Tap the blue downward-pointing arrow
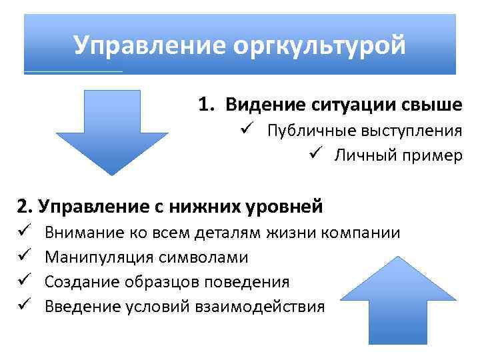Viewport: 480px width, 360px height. click(112, 130)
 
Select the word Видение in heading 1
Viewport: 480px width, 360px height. click(264, 105)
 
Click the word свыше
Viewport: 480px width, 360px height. click(434, 105)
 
